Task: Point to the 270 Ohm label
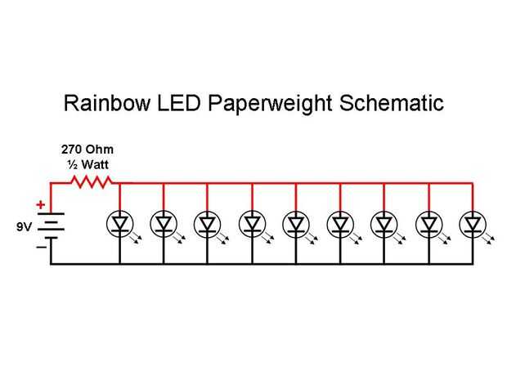tap(87, 150)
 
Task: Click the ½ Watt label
tap(87, 165)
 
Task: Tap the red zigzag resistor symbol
tap(92, 184)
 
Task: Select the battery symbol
tap(51, 223)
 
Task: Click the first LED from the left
tap(119, 221)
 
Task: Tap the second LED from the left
tap(164, 221)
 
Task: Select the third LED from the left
tap(207, 221)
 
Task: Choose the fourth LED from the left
tap(252, 221)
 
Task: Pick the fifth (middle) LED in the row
tap(295, 221)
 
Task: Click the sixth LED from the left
tap(339, 221)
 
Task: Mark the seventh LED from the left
tap(384, 221)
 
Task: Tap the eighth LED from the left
tap(428, 221)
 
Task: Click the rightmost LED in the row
tap(472, 221)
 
